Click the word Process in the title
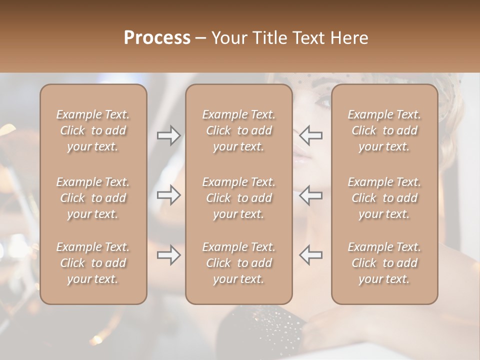[157, 37]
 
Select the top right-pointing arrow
[168, 135]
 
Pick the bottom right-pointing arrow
[168, 254]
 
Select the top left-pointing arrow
[311, 135]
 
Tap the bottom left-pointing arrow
[311, 254]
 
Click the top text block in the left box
[93, 130]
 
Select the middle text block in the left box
[93, 198]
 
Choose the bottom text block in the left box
[93, 263]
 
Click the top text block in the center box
[238, 130]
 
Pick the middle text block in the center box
[238, 198]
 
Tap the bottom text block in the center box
[238, 263]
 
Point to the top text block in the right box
[384, 130]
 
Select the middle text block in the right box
[384, 198]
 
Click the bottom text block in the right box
[384, 263]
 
